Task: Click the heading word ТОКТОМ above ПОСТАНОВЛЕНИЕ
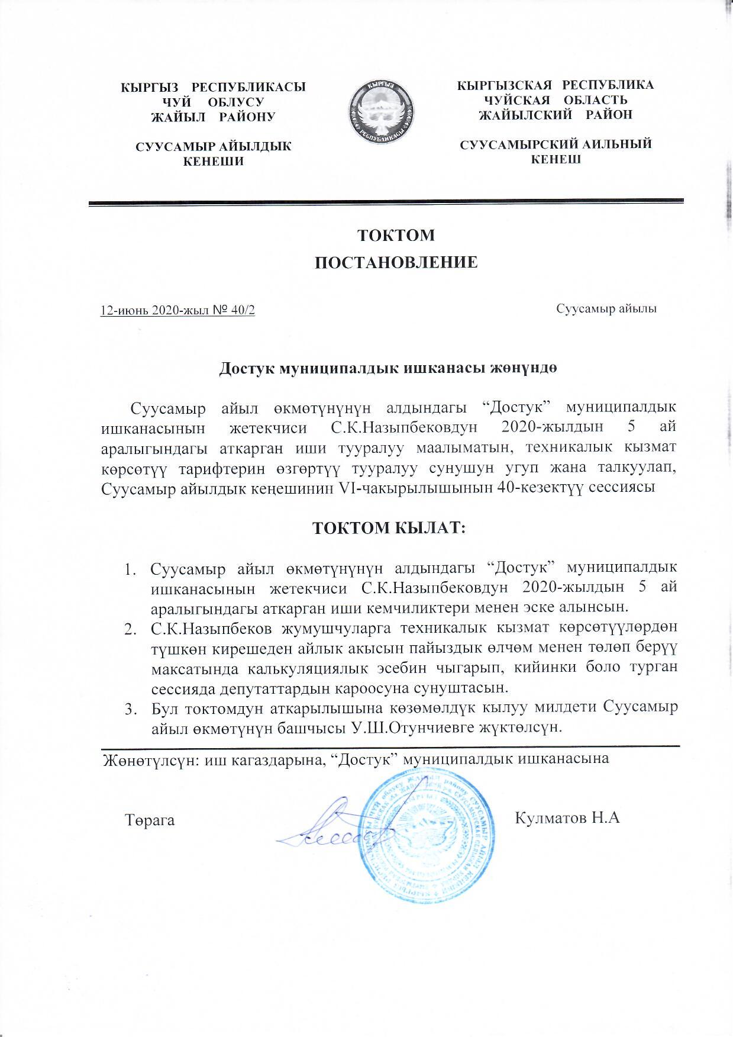click(x=396, y=235)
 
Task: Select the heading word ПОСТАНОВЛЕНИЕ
click(x=395, y=262)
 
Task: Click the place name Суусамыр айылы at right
click(x=607, y=308)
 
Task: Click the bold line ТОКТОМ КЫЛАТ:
click(x=390, y=527)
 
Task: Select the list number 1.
click(x=128, y=570)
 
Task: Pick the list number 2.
click(x=128, y=627)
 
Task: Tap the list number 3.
click(x=128, y=708)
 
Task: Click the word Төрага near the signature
click(x=150, y=820)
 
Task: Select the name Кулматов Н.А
click(x=567, y=819)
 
